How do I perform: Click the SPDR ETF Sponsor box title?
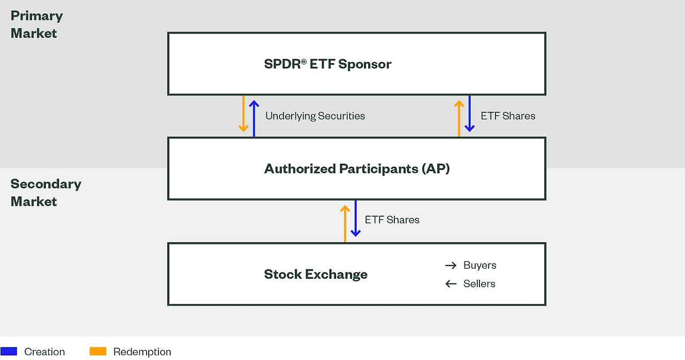coord(328,64)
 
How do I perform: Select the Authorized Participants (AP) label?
coord(356,169)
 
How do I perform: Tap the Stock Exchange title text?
coord(316,274)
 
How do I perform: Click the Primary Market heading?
coord(36,25)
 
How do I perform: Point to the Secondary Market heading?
coord(45,193)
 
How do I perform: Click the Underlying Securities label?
coord(315,116)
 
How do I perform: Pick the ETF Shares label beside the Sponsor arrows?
coord(507,116)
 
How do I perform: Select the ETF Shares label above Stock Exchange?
coord(392,220)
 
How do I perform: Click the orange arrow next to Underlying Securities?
coord(243,114)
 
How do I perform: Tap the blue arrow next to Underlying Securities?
coord(254,118)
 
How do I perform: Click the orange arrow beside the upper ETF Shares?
coord(459,118)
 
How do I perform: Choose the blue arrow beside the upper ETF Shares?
coord(469,113)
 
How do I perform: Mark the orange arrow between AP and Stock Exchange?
coord(345,223)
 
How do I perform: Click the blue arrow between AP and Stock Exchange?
coord(355,218)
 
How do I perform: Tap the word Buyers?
coord(479,265)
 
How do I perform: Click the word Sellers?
coord(479,284)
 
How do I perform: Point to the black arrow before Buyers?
coord(451,265)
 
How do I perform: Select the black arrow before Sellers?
coord(451,284)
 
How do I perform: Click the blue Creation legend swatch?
coord(9,351)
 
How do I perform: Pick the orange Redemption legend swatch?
coord(98,351)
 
